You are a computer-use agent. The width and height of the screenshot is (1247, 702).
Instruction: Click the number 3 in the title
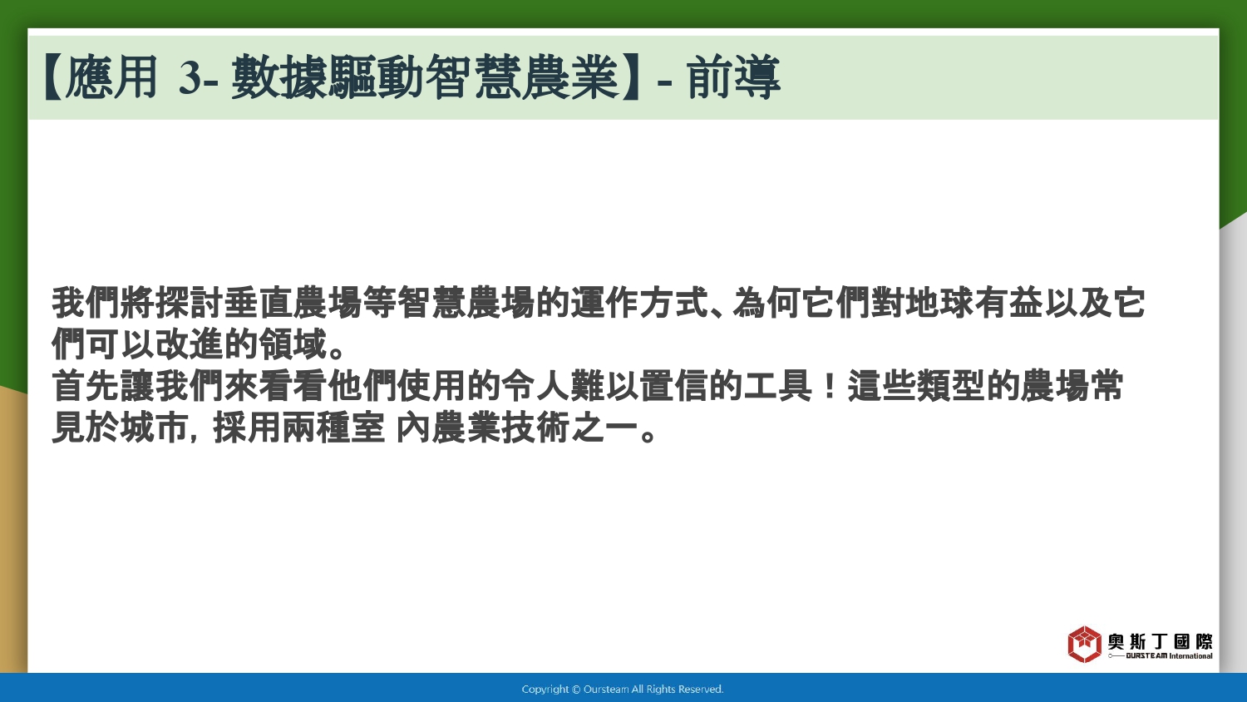tap(190, 78)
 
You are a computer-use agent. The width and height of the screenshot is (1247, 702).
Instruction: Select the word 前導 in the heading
tap(733, 78)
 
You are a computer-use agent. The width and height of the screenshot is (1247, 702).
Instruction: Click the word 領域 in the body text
tap(293, 344)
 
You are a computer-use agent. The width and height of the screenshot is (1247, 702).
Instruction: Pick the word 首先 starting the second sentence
tap(86, 386)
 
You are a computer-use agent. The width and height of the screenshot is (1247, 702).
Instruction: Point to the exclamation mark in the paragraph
tap(830, 386)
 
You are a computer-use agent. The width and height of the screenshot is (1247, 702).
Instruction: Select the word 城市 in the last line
tap(155, 428)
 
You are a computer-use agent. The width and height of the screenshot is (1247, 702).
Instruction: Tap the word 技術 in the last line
tap(535, 428)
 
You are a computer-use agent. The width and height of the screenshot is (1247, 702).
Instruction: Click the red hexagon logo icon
tap(1084, 644)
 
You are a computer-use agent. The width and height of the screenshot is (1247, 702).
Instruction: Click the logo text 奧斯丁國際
tap(1160, 641)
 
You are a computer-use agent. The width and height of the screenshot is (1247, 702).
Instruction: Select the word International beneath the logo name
tap(1190, 655)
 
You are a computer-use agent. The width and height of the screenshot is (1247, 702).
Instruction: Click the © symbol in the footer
tap(576, 690)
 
